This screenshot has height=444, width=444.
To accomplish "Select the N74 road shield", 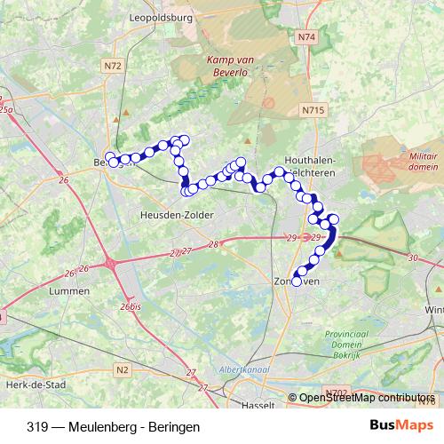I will click(307, 37).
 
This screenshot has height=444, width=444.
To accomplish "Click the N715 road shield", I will click(313, 109).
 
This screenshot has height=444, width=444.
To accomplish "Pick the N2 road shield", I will click(122, 369).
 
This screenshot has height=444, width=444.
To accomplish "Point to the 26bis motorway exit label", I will click(131, 306).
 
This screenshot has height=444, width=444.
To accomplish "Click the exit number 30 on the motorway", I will click(413, 258).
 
